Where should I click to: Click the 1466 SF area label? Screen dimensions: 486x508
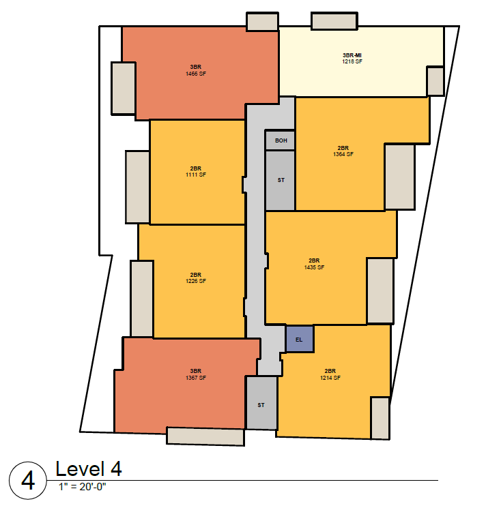coord(196,74)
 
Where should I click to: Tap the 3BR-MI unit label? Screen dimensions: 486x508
coord(352,55)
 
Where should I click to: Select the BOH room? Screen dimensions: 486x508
coord(281,140)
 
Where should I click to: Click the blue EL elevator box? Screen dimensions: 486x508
coord(300,339)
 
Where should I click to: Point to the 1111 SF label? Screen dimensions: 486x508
coord(196,175)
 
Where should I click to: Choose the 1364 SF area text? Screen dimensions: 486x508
coord(343,154)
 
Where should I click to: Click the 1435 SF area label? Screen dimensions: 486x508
coord(314,267)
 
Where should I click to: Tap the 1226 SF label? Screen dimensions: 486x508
coord(196,281)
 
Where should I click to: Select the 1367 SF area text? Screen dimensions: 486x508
coord(196,378)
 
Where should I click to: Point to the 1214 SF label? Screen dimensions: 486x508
coord(330,378)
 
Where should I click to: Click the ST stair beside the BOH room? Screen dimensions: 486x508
coord(281,180)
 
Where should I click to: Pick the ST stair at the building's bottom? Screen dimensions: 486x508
coord(261,403)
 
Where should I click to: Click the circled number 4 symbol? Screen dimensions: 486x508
coord(28,481)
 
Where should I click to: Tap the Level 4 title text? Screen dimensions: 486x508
coord(89,469)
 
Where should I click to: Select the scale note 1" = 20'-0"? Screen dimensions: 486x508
coord(83,487)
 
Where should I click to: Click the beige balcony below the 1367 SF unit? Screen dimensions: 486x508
coord(205,436)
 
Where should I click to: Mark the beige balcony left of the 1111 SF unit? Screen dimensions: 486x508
coord(137,187)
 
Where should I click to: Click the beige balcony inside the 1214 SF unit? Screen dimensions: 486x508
coord(380,418)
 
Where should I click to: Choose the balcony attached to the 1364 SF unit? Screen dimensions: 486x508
coord(399,177)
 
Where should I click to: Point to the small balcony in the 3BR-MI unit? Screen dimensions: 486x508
coord(435,81)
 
